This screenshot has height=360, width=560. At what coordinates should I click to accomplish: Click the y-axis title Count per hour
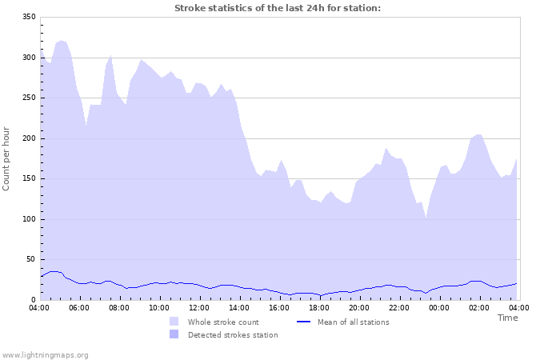7,158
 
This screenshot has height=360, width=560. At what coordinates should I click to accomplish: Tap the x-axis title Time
507,318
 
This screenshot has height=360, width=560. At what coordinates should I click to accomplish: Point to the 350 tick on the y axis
28,18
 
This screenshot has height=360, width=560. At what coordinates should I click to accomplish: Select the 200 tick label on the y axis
28,138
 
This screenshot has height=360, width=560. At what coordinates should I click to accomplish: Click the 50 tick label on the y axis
30,259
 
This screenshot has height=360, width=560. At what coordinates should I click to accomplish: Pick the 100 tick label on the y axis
28,219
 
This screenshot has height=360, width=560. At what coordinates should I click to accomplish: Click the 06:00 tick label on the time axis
79,307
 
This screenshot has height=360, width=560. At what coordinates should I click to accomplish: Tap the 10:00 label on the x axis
159,307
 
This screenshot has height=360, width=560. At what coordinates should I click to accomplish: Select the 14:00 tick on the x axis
239,307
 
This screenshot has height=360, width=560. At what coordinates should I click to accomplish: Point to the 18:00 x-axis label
319,307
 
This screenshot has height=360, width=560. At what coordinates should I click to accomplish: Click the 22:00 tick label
399,307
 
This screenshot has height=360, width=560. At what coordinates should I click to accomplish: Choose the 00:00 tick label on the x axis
439,307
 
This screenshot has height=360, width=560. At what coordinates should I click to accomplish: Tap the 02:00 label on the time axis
479,307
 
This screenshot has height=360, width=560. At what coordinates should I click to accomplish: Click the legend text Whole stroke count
223,322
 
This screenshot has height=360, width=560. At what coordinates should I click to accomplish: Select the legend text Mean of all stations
353,322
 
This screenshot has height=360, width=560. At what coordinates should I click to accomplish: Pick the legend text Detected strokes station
233,335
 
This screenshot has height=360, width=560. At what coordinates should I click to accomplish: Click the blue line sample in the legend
303,322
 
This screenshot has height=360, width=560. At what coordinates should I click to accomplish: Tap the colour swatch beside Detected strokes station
174,335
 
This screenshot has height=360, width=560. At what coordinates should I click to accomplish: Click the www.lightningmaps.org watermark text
45,354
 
